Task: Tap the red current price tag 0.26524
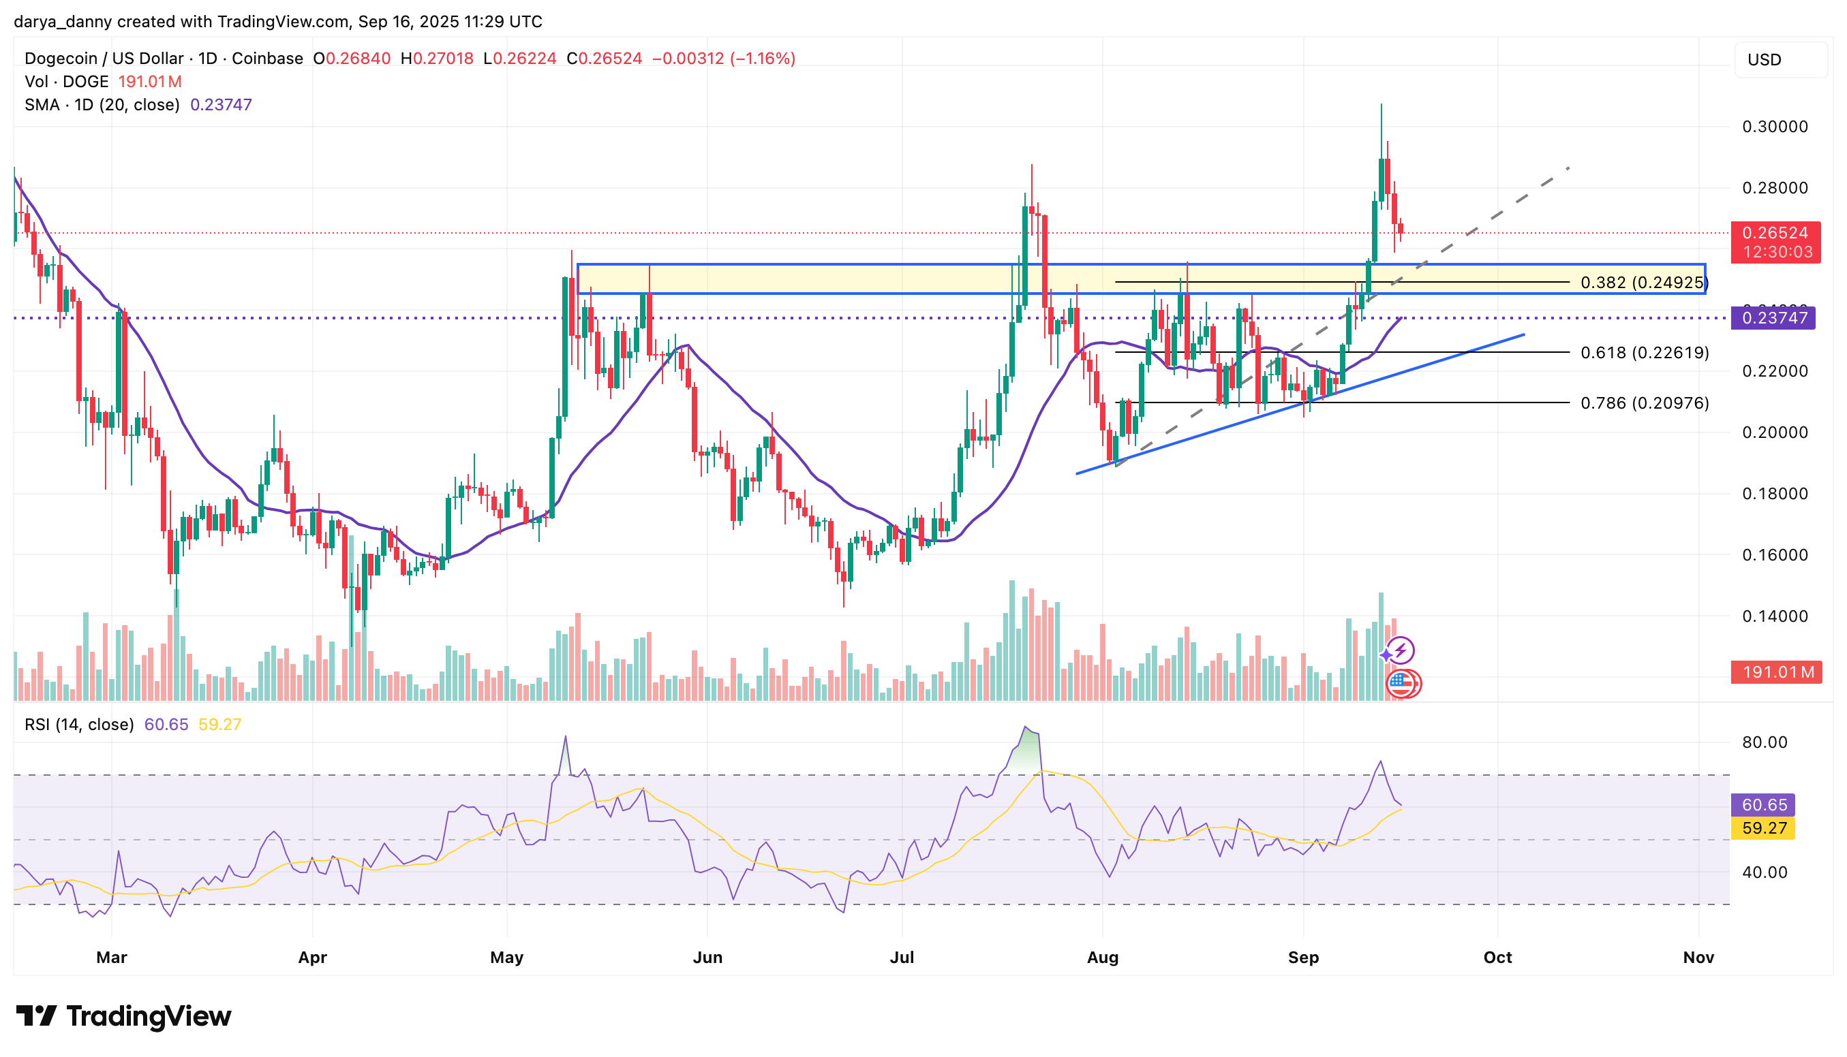(x=1774, y=233)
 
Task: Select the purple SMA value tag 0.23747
(x=1773, y=318)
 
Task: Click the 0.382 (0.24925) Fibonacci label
(x=1644, y=283)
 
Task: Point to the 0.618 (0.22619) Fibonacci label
(x=1645, y=353)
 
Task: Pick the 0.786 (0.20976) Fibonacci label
(x=1645, y=403)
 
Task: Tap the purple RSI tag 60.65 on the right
(x=1763, y=804)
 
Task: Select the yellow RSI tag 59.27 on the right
(x=1763, y=827)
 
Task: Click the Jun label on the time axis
(x=707, y=958)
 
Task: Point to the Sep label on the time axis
(x=1303, y=958)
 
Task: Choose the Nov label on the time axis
(x=1698, y=958)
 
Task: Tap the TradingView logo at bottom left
(x=123, y=1015)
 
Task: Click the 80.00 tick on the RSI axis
(x=1765, y=742)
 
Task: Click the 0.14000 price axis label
(x=1774, y=616)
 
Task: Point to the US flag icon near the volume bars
(x=1402, y=683)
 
